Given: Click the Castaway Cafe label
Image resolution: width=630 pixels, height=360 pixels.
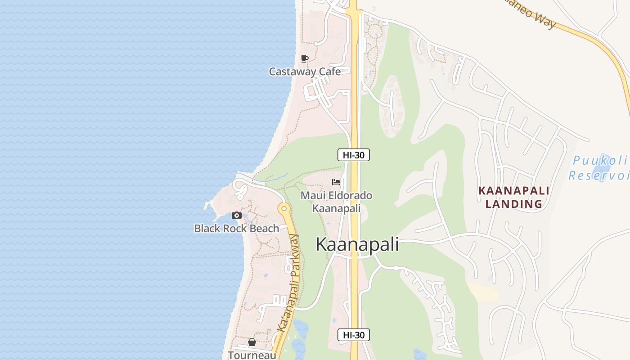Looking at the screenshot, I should [x=305, y=72].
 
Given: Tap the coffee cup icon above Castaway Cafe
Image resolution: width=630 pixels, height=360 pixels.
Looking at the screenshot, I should [x=305, y=58].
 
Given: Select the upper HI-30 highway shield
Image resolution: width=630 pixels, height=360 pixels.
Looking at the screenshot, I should [x=354, y=155].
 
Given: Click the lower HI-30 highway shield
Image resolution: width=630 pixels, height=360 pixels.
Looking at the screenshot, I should [x=354, y=335].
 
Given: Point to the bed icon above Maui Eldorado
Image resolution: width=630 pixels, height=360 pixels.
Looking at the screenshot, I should [x=336, y=182].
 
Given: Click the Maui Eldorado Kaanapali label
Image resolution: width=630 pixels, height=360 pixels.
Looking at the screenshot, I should [x=337, y=202].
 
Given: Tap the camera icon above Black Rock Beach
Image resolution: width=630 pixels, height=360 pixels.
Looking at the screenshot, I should [x=237, y=216].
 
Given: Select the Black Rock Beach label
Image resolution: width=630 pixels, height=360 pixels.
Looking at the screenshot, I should [x=237, y=229].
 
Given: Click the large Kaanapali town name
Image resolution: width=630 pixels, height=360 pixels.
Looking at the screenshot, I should [x=357, y=244].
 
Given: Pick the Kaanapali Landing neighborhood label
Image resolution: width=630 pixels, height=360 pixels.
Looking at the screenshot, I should [x=514, y=197].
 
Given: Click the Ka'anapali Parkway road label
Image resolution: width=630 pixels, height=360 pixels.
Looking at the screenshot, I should [x=289, y=283].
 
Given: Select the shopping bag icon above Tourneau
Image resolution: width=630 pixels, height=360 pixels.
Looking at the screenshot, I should [x=252, y=342].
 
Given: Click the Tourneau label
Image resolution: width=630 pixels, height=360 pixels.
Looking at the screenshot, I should [x=252, y=355].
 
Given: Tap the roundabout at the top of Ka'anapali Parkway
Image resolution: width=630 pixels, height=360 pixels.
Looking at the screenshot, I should [x=284, y=208].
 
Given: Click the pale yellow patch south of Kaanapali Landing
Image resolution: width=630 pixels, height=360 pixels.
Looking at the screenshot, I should [x=484, y=292].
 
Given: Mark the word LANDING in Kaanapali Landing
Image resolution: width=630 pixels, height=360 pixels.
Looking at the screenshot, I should [x=514, y=204].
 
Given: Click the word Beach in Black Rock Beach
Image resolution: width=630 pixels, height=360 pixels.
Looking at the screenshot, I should [x=263, y=229].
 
